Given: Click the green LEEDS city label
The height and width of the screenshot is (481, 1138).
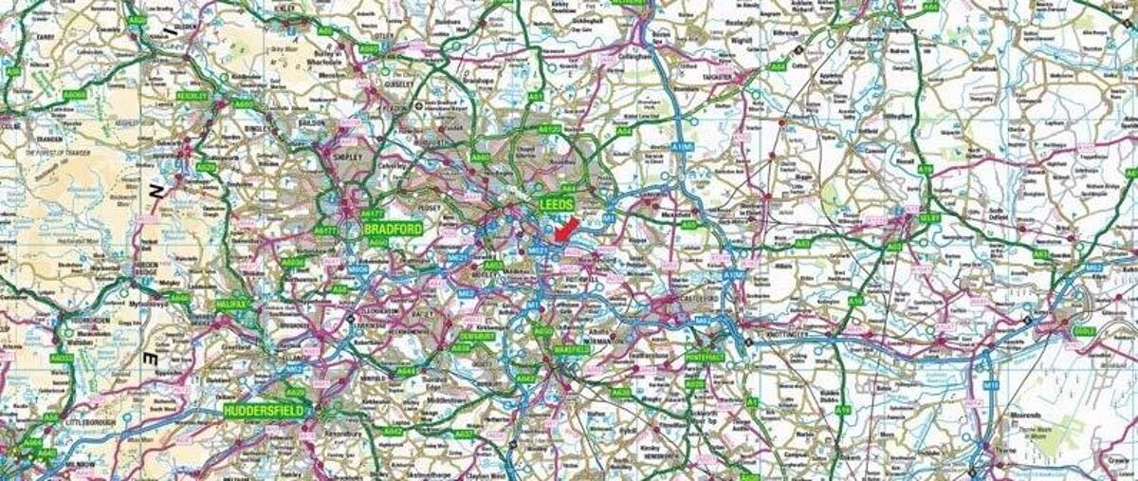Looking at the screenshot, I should pos(556,204).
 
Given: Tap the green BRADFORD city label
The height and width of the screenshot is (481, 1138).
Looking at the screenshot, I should pos(391,229).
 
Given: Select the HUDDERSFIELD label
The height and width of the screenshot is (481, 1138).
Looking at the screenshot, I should pos(265,411).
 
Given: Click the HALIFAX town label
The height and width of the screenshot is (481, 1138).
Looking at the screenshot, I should pos(232,305).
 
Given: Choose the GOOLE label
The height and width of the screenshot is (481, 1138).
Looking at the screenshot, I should pos(1084,331).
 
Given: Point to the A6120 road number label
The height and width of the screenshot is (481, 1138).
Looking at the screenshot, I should pos(549,128).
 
